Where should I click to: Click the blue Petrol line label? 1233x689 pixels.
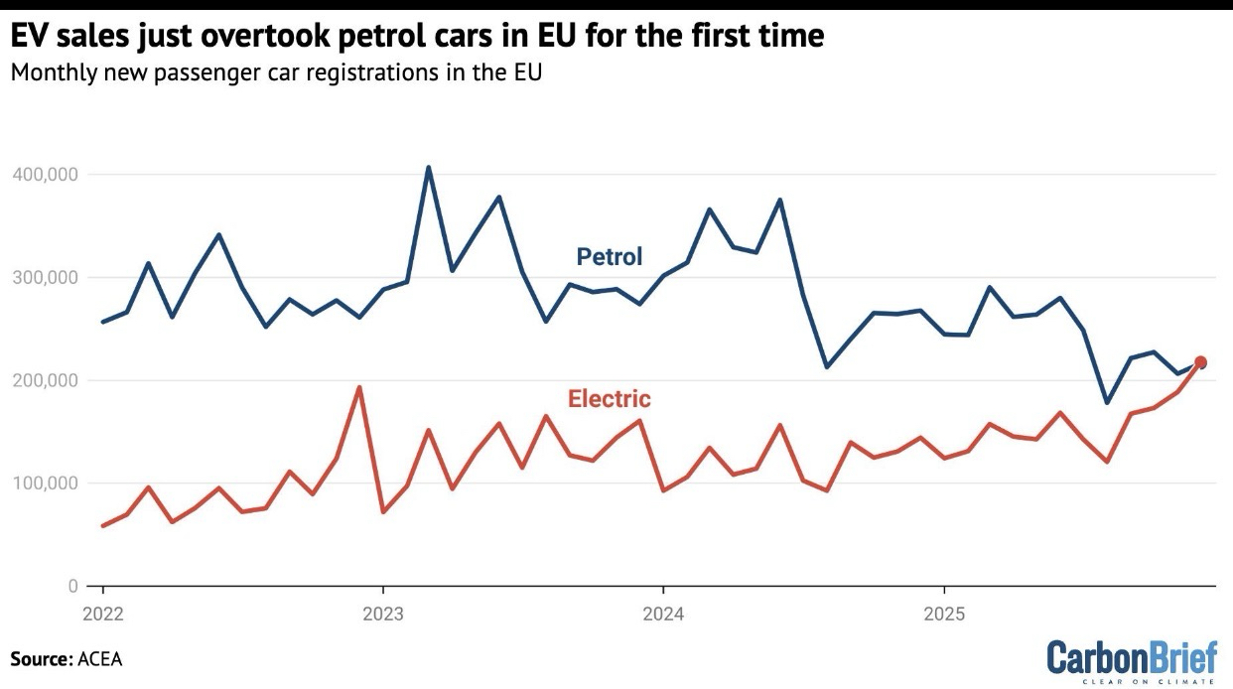point(610,257)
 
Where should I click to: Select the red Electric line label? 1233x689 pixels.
point(609,399)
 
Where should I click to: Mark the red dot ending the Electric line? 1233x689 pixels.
point(1200,362)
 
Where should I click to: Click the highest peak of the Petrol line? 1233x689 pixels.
point(429,167)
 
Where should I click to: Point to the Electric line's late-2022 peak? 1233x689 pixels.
point(359,387)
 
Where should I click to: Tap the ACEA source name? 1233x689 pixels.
point(100,658)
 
